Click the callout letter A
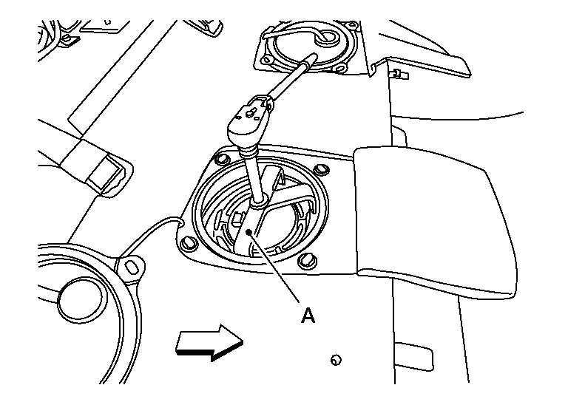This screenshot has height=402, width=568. pyautogui.click(x=308, y=315)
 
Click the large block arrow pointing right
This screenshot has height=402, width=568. pyautogui.click(x=209, y=343)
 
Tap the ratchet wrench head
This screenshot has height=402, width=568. pyautogui.click(x=249, y=120)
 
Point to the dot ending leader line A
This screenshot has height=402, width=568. pyautogui.click(x=248, y=231)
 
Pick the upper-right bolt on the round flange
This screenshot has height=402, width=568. pyautogui.click(x=320, y=170)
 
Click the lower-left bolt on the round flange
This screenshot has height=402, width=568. pyautogui.click(x=189, y=243)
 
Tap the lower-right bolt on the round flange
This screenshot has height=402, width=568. pyautogui.click(x=306, y=261)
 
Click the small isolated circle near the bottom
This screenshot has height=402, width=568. pyautogui.click(x=336, y=360)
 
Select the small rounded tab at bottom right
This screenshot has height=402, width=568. pyautogui.click(x=413, y=355)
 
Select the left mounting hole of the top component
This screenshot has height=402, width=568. pyautogui.click(x=268, y=59)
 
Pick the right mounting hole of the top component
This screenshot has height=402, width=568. pyautogui.click(x=340, y=68)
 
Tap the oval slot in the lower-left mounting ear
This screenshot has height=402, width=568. pyautogui.click(x=130, y=266)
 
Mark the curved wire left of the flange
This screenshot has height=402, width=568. pyautogui.click(x=149, y=235)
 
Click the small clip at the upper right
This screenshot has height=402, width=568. pyautogui.click(x=399, y=75)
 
